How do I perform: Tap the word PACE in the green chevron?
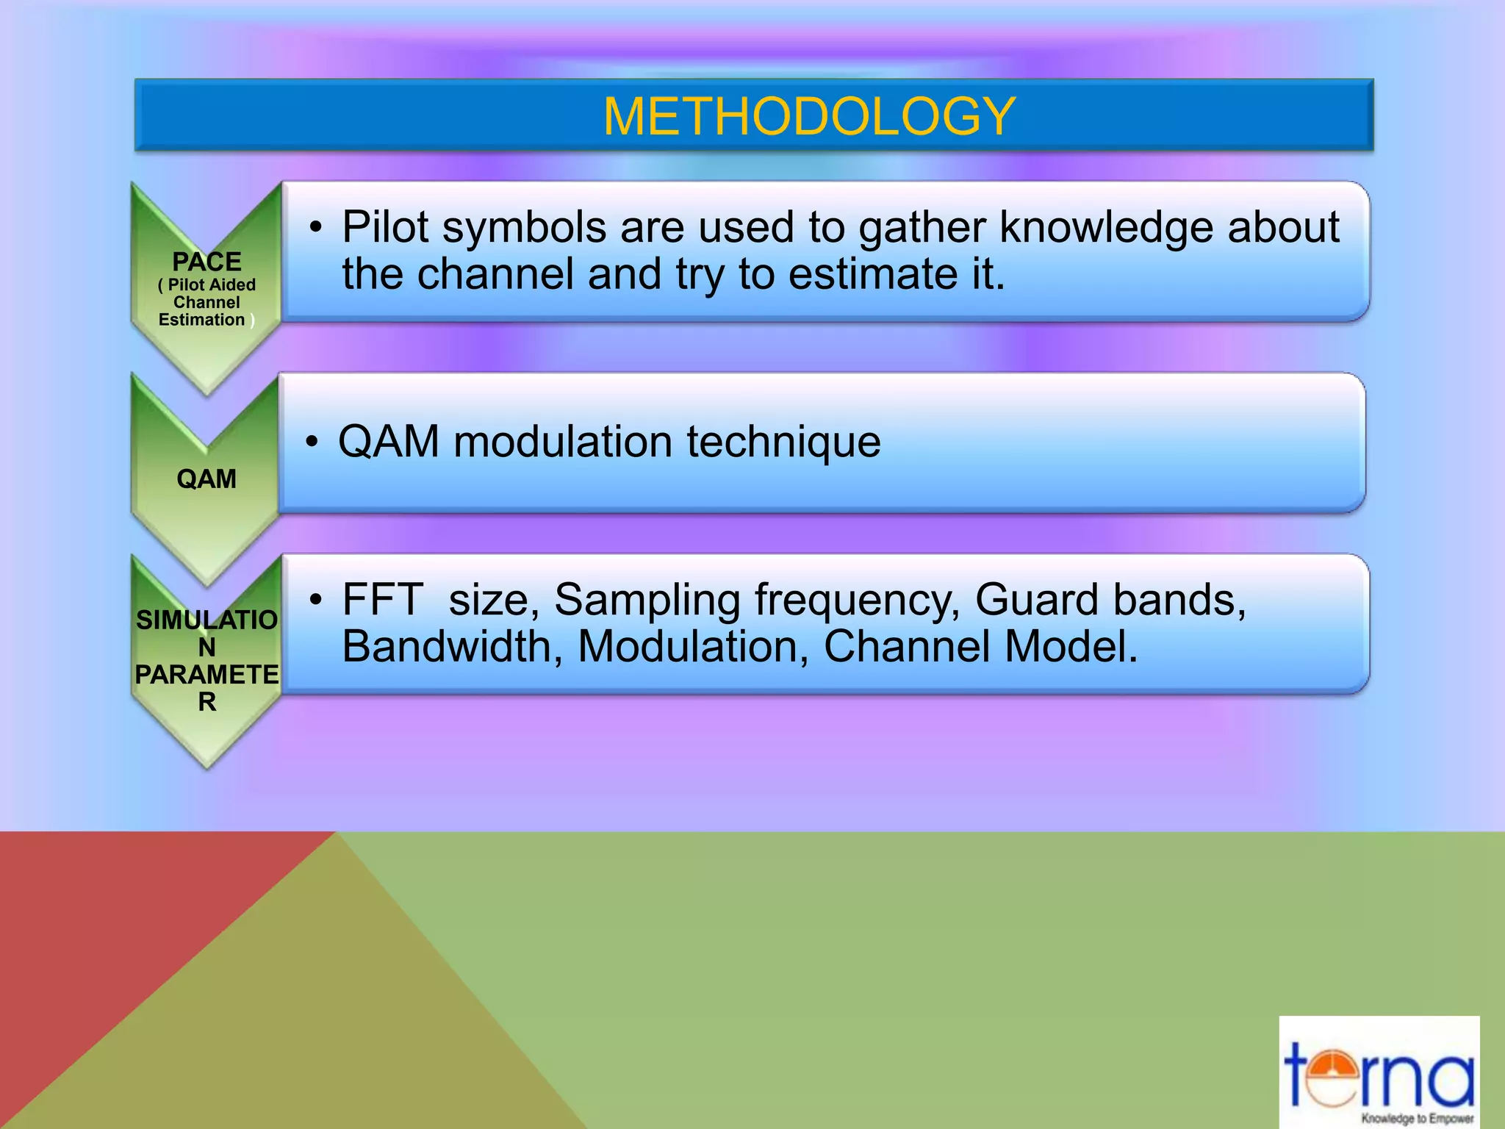click(x=206, y=262)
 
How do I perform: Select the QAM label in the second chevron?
click(x=206, y=479)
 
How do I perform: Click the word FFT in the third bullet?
click(x=382, y=600)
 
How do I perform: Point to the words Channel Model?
click(x=980, y=647)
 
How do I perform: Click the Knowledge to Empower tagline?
click(x=1417, y=1119)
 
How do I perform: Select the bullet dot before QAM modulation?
click(x=312, y=442)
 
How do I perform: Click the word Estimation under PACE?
click(x=201, y=320)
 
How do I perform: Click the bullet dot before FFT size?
click(x=315, y=600)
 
